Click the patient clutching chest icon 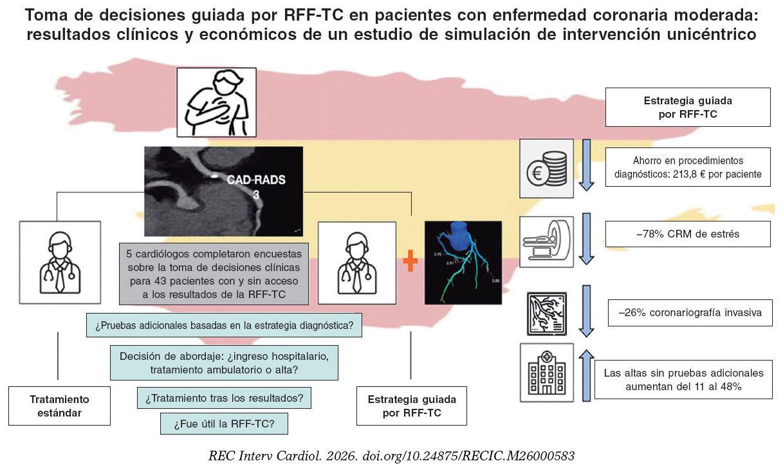click(216, 102)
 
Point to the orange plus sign click(410, 263)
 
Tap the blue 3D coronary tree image click(463, 262)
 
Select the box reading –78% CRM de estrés click(688, 234)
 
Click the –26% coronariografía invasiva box click(690, 313)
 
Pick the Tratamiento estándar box click(59, 406)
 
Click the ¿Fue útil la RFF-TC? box click(223, 424)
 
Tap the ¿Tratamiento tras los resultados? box click(224, 398)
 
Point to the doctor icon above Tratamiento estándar click(60, 262)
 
